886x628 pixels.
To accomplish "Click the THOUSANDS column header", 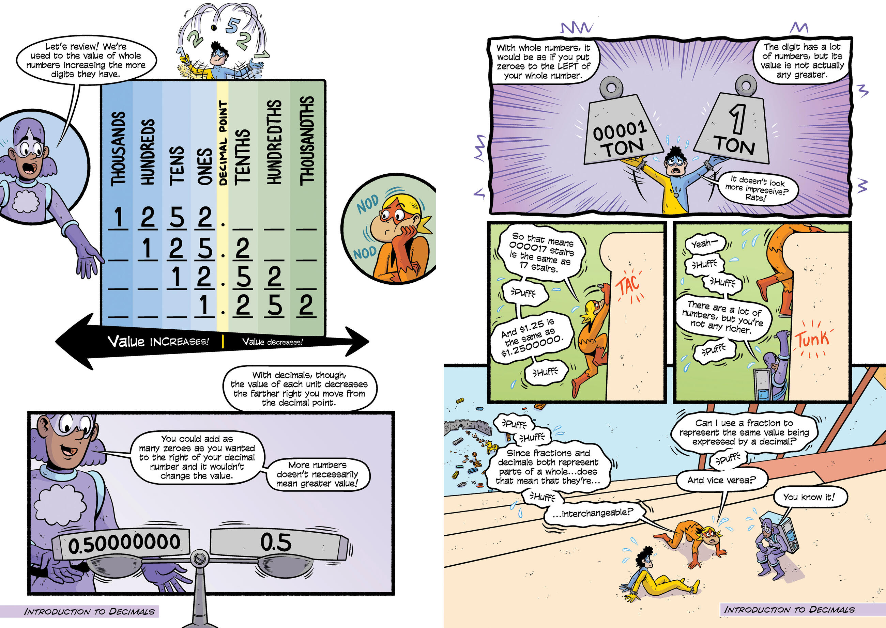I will [x=118, y=149].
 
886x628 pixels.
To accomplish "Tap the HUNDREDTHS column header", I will [x=274, y=142].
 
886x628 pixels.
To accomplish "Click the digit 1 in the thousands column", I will [x=118, y=217].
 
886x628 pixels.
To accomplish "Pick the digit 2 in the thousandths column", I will [x=306, y=305].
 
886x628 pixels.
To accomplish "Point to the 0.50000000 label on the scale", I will [x=124, y=544].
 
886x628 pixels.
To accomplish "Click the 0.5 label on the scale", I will [x=275, y=542].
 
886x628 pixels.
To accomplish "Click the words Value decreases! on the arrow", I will [x=272, y=342].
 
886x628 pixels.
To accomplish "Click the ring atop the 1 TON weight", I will [x=745, y=84].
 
